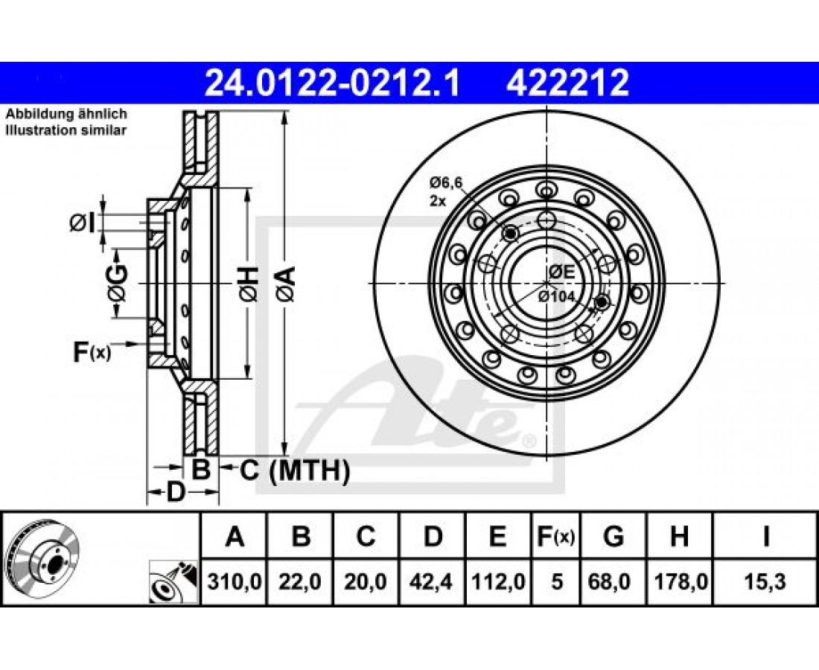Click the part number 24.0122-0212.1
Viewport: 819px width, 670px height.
click(x=332, y=83)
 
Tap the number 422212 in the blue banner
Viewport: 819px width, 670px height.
click(x=567, y=83)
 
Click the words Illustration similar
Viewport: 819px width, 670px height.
click(x=66, y=130)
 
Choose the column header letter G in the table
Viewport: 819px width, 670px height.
click(x=614, y=536)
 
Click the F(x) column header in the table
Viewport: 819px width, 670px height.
click(x=556, y=536)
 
